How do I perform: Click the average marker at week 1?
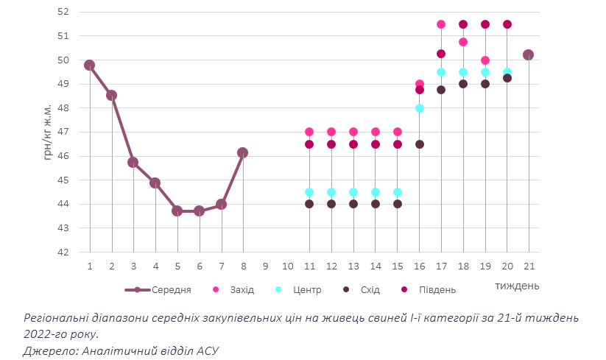tap(90, 65)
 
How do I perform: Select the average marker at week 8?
tap(243, 152)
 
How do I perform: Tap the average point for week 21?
tap(528, 54)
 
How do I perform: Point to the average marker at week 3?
tap(133, 162)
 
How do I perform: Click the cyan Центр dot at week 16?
tap(419, 108)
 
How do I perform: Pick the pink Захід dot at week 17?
tap(441, 24)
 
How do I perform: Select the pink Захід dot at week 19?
tap(485, 60)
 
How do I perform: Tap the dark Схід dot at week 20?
tap(507, 78)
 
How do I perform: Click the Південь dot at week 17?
tap(441, 54)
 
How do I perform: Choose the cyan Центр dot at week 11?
tap(309, 192)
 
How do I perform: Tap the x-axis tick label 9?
tap(265, 266)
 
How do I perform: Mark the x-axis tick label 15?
tap(397, 266)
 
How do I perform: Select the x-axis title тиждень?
tap(516, 285)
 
